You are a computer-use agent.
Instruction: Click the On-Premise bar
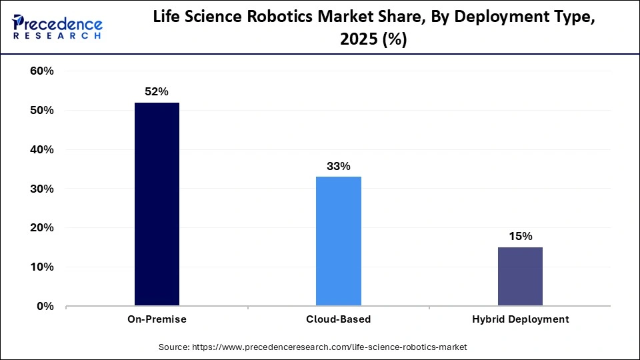click(x=157, y=204)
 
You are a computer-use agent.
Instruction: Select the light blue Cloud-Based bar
click(x=339, y=241)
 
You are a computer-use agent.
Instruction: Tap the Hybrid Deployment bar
click(x=520, y=277)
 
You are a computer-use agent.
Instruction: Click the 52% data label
click(x=157, y=92)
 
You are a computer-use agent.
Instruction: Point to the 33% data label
click(x=339, y=166)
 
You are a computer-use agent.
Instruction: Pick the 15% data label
click(x=520, y=237)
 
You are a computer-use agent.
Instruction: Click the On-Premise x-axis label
click(x=157, y=319)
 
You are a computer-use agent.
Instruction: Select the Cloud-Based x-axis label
click(x=339, y=319)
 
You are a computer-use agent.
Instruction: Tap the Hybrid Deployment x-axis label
click(x=520, y=319)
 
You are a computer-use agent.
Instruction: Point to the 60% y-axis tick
click(x=42, y=71)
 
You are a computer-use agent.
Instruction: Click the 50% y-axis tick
click(x=42, y=111)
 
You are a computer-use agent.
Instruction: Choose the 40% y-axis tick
click(x=42, y=150)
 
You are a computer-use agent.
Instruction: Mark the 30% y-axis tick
click(x=42, y=189)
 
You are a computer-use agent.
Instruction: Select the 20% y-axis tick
click(x=42, y=228)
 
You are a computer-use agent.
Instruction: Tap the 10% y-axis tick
click(x=42, y=267)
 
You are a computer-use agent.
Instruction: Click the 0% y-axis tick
click(x=45, y=307)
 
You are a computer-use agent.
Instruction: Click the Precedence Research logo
click(x=57, y=27)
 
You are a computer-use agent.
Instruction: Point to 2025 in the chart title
click(x=357, y=39)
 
